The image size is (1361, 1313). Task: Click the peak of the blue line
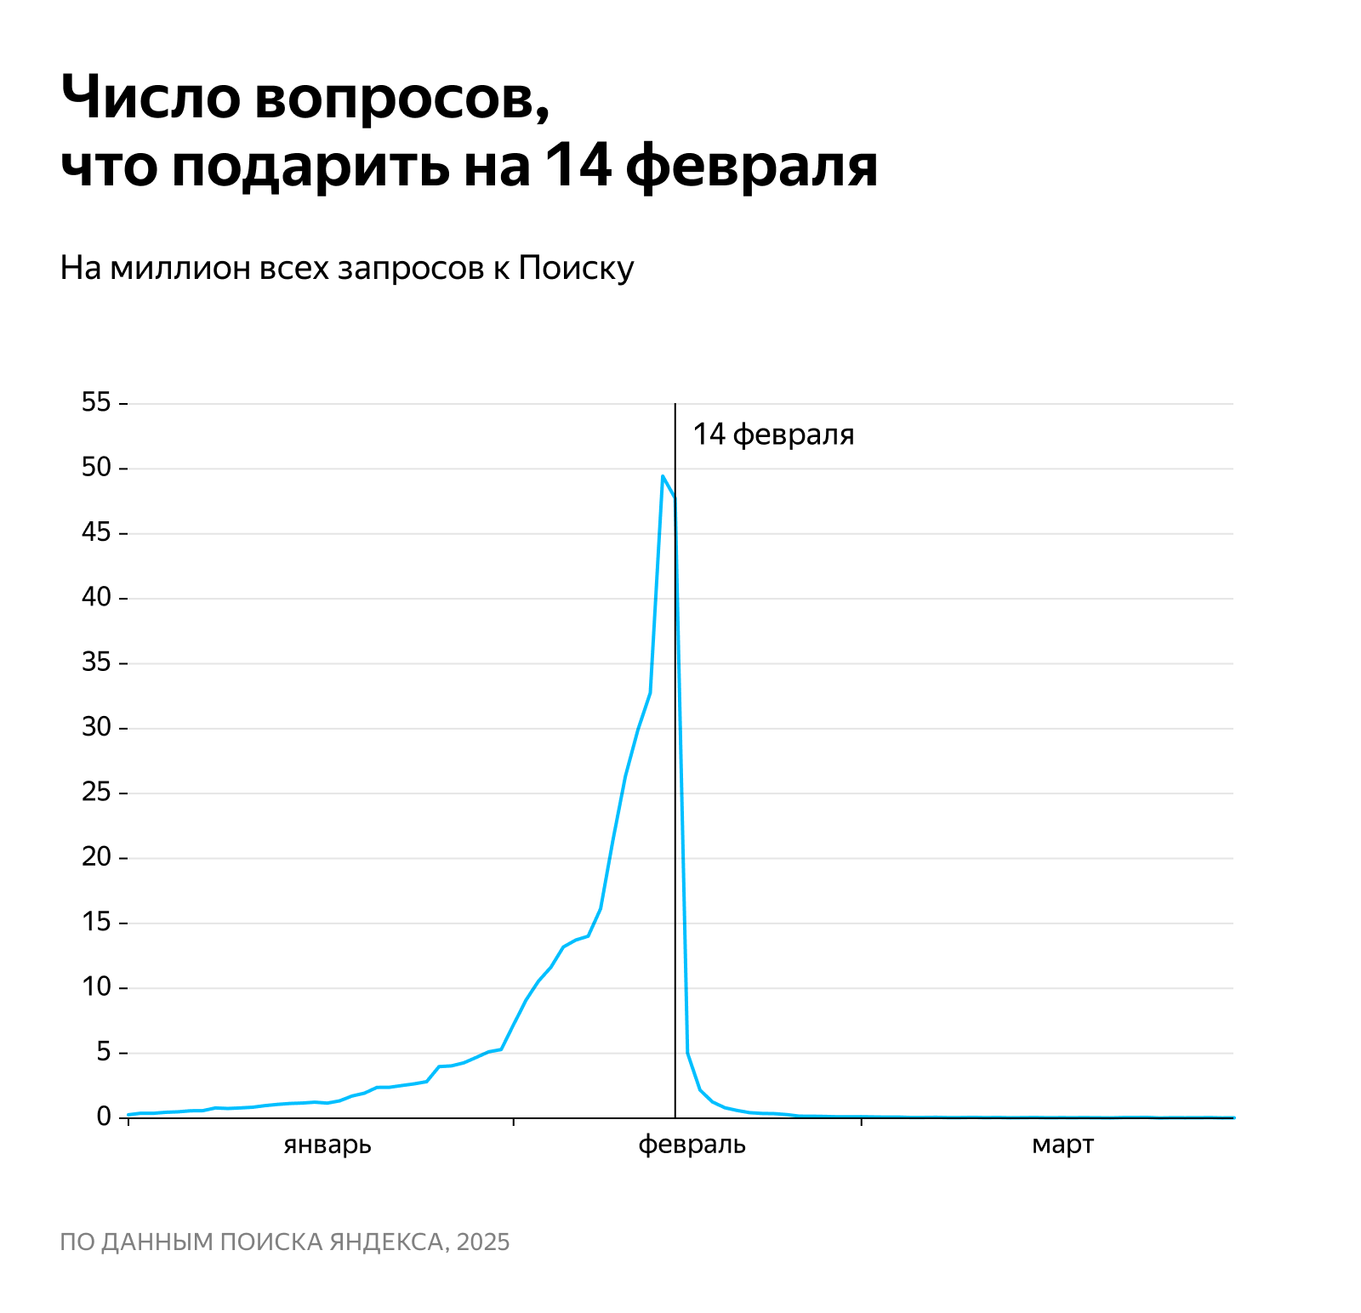(662, 476)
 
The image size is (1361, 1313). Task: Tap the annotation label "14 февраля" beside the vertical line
(772, 435)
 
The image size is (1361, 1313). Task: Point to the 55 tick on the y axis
(97, 402)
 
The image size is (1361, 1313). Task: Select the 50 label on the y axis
(97, 467)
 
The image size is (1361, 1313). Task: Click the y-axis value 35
(97, 662)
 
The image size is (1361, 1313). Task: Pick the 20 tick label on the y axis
(97, 856)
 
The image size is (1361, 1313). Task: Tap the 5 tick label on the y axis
(104, 1052)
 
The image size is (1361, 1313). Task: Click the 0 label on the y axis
(104, 1117)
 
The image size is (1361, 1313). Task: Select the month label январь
(327, 1145)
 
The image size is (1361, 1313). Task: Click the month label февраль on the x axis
(692, 1145)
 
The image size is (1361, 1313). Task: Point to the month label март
(1062, 1145)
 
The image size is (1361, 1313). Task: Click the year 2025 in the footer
(482, 1242)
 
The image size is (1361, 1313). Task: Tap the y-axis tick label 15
(97, 922)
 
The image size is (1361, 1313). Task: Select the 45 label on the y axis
(97, 532)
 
